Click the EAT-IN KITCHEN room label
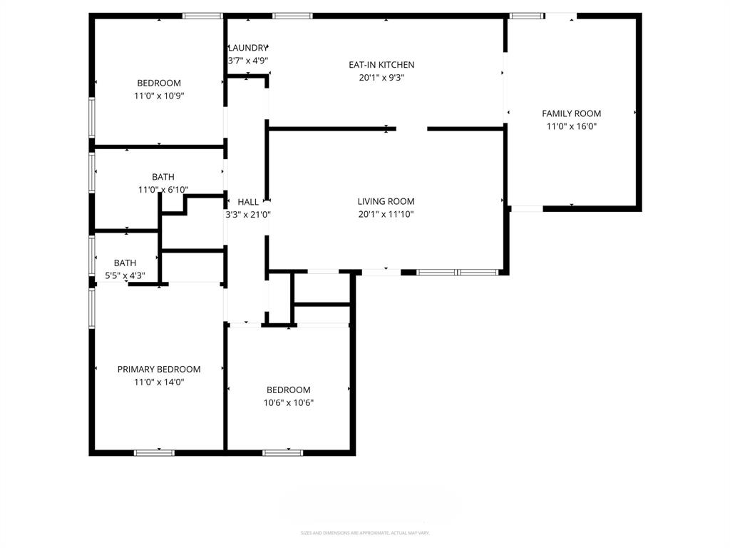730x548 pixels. coord(381,65)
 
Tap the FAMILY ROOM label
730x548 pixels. coord(571,113)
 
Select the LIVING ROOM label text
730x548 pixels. coord(386,202)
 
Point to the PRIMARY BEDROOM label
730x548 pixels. coord(159,369)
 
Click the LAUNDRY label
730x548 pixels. coord(248,48)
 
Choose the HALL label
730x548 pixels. coord(248,202)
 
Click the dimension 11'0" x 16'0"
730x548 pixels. coord(571,126)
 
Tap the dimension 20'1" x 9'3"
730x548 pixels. coord(381,78)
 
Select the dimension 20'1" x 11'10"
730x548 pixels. coord(386,214)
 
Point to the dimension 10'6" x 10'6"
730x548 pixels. coord(289,402)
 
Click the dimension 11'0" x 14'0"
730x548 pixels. coord(159,382)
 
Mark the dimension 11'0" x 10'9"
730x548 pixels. coord(159,96)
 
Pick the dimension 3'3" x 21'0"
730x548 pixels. coord(248,214)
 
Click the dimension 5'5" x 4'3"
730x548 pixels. coord(125,275)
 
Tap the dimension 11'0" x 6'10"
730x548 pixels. coord(163,190)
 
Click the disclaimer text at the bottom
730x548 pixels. coord(365,533)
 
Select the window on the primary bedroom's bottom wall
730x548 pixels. coord(155,452)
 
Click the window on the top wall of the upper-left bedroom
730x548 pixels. coord(202,15)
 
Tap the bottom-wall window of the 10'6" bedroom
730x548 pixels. coord(283,452)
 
